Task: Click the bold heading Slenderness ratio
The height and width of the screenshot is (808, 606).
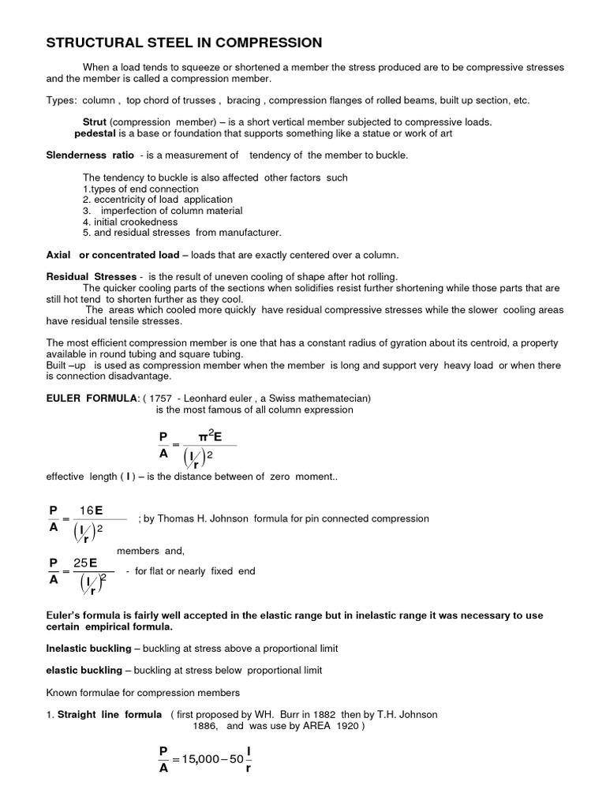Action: pyautogui.click(x=90, y=155)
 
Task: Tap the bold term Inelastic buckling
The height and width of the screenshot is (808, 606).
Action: pyautogui.click(x=88, y=648)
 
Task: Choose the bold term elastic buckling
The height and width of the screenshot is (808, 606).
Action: pyautogui.click(x=84, y=670)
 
